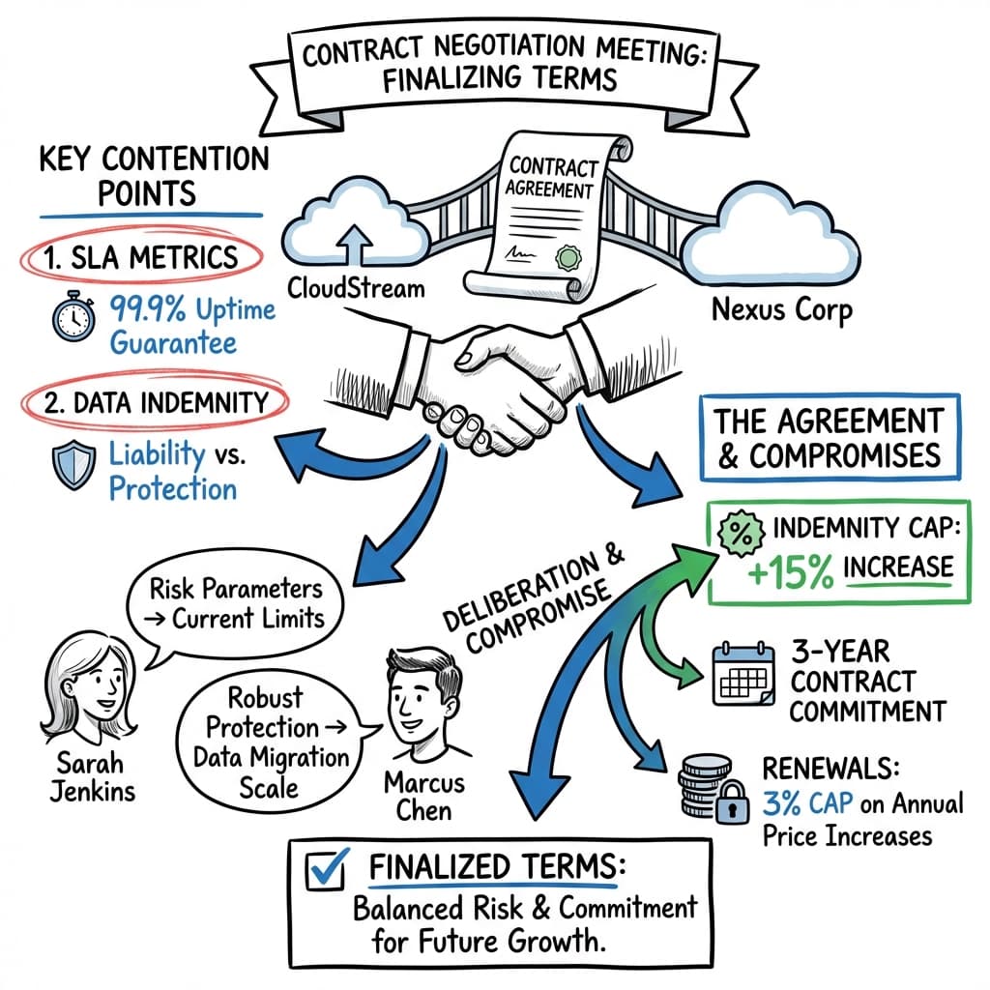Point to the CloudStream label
[355, 288]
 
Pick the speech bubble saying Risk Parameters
[238, 603]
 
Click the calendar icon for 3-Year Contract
[742, 674]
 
